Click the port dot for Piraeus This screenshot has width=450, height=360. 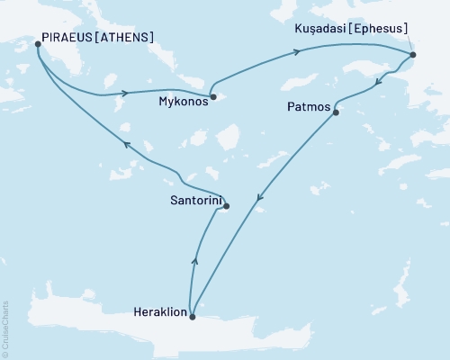coord(38,43)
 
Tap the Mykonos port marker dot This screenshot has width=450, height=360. coord(211,96)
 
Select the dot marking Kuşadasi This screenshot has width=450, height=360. coord(412,56)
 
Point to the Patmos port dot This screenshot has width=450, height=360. coord(336,112)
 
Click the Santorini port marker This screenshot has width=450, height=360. coord(226,206)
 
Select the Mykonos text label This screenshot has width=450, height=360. coord(181,102)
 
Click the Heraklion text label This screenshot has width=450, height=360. coord(158,314)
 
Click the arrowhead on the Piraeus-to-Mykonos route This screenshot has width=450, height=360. coord(128,93)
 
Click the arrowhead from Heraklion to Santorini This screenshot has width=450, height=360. coord(194,260)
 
